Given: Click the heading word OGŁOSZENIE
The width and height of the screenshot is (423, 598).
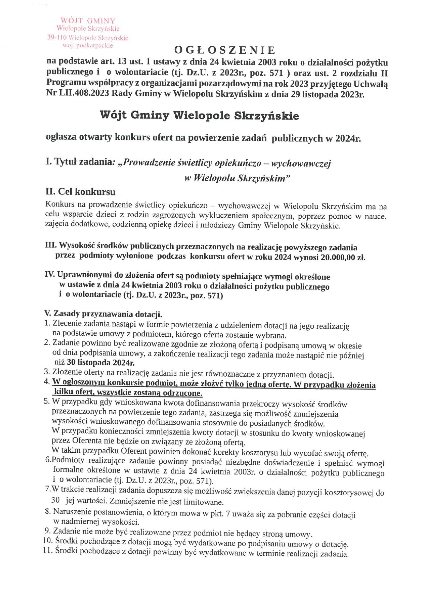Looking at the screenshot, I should point(224,50).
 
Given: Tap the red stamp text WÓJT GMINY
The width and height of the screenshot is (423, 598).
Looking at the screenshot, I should point(88,21).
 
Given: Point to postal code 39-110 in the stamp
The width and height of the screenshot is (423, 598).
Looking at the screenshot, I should point(57,37).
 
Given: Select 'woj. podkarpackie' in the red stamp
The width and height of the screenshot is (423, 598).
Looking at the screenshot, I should point(88,45).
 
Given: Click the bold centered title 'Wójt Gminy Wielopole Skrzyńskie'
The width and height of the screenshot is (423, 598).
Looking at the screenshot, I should point(199,115).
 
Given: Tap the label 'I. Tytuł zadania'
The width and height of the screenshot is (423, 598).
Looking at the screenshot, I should point(79,162).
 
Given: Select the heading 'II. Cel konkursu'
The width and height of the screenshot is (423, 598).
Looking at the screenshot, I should point(81,192).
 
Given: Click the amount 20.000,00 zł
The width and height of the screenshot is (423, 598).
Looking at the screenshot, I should point(343,257).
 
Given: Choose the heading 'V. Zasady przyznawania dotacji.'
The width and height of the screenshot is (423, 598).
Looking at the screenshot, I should point(103,313).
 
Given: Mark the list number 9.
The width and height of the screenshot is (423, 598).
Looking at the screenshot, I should point(48,531).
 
